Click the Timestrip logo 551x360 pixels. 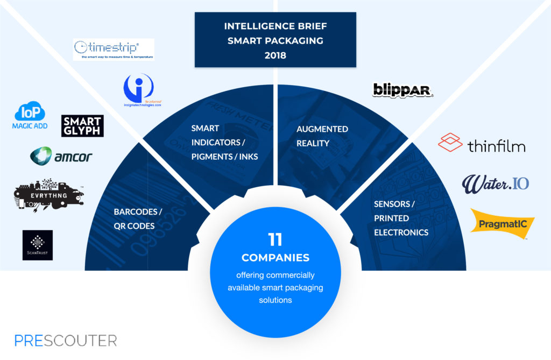click(114, 49)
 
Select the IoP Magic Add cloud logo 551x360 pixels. click(30, 117)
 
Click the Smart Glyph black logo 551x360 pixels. click(82, 126)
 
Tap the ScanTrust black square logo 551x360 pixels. click(38, 245)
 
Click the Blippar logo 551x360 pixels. click(403, 89)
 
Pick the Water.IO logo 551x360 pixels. click(495, 183)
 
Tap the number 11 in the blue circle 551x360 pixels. click(275, 238)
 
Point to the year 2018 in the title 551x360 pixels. click(275, 55)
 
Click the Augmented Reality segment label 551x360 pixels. click(322, 136)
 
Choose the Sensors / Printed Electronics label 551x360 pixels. click(401, 218)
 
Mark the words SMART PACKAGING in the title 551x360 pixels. click(275, 40)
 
